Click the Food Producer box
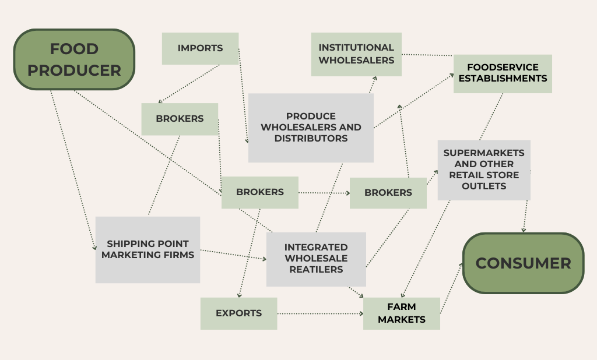pyautogui.click(x=74, y=59)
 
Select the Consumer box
pyautogui.click(x=523, y=263)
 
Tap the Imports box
pyautogui.click(x=200, y=48)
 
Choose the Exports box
pyautogui.click(x=238, y=313)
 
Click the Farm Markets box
pyautogui.click(x=401, y=313)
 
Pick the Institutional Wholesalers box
pyautogui.click(x=356, y=54)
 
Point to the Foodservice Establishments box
pyautogui.click(x=503, y=73)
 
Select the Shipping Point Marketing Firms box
pyautogui.click(x=148, y=249)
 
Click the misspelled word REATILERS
pyautogui.click(x=316, y=269)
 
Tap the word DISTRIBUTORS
pyautogui.click(x=311, y=139)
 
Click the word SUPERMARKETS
pyautogui.click(x=484, y=153)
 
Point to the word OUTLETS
pyautogui.click(x=484, y=186)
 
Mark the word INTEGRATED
pyautogui.click(x=316, y=248)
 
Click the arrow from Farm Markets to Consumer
pyautogui.click(x=451, y=289)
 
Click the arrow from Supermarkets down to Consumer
pyautogui.click(x=526, y=216)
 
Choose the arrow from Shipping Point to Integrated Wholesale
pyautogui.click(x=233, y=255)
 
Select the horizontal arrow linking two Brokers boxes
pyautogui.click(x=324, y=192)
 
